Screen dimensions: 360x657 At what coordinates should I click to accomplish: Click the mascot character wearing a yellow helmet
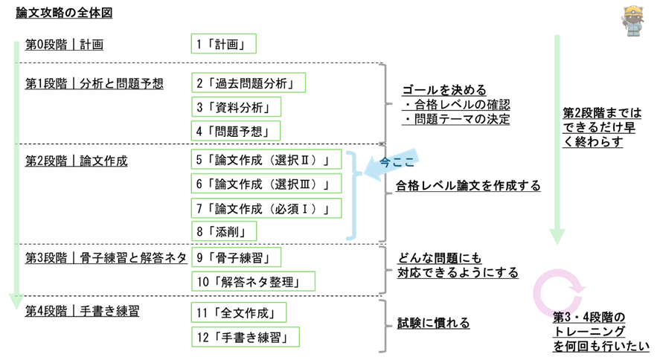point(632,21)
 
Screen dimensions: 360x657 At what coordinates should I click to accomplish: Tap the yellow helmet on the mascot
point(633,11)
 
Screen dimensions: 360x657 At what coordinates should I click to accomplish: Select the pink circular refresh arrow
point(557,292)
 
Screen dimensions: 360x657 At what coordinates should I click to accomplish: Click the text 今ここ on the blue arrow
point(397,161)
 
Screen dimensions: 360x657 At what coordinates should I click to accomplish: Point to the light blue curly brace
point(351,196)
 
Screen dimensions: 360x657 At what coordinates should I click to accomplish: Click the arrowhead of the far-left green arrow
point(16,301)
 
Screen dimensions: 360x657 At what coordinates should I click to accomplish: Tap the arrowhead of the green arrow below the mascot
point(557,237)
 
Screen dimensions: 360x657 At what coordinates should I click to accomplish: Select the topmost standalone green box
point(224,43)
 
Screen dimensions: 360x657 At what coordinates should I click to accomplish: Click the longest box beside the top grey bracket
point(249,83)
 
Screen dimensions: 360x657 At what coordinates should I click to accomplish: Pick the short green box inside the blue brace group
point(224,231)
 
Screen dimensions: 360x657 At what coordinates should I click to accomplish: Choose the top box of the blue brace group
point(266,159)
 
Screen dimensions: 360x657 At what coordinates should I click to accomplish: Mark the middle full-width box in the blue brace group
point(266,183)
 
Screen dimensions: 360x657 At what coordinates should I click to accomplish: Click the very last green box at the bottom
point(246,337)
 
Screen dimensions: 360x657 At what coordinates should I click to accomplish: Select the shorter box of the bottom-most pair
point(239,312)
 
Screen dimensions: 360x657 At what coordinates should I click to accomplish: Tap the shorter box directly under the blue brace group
point(237,257)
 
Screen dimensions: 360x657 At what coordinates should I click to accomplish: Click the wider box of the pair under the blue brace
point(254,281)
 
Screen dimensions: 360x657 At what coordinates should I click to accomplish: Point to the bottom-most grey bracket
point(383,326)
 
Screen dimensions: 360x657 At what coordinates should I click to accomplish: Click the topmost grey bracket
point(383,103)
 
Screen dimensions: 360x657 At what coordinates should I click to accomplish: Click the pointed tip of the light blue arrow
point(364,172)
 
